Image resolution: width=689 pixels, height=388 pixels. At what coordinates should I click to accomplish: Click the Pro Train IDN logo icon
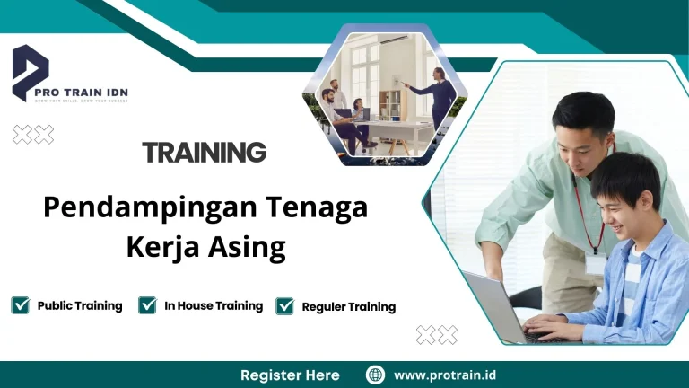31,73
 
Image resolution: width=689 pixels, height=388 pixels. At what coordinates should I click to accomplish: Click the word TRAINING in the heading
204,153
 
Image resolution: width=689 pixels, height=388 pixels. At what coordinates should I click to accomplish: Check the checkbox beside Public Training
21,305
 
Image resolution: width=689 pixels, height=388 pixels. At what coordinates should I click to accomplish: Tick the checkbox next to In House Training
148,305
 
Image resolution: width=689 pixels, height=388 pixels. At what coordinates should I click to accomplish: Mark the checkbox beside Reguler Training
285,306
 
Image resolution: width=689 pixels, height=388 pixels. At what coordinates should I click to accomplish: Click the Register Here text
290,375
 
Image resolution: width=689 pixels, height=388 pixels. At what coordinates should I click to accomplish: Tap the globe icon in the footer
375,375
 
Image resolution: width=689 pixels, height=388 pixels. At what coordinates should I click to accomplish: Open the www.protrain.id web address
444,375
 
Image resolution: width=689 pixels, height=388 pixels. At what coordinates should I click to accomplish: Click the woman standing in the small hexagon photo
440,90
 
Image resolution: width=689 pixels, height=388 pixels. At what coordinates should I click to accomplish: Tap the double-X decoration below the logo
33,135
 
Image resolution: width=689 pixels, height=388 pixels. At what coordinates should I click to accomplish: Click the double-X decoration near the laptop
437,335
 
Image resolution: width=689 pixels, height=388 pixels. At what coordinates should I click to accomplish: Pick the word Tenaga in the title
317,207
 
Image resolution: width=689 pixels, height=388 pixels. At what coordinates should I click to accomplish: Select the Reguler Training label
348,306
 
